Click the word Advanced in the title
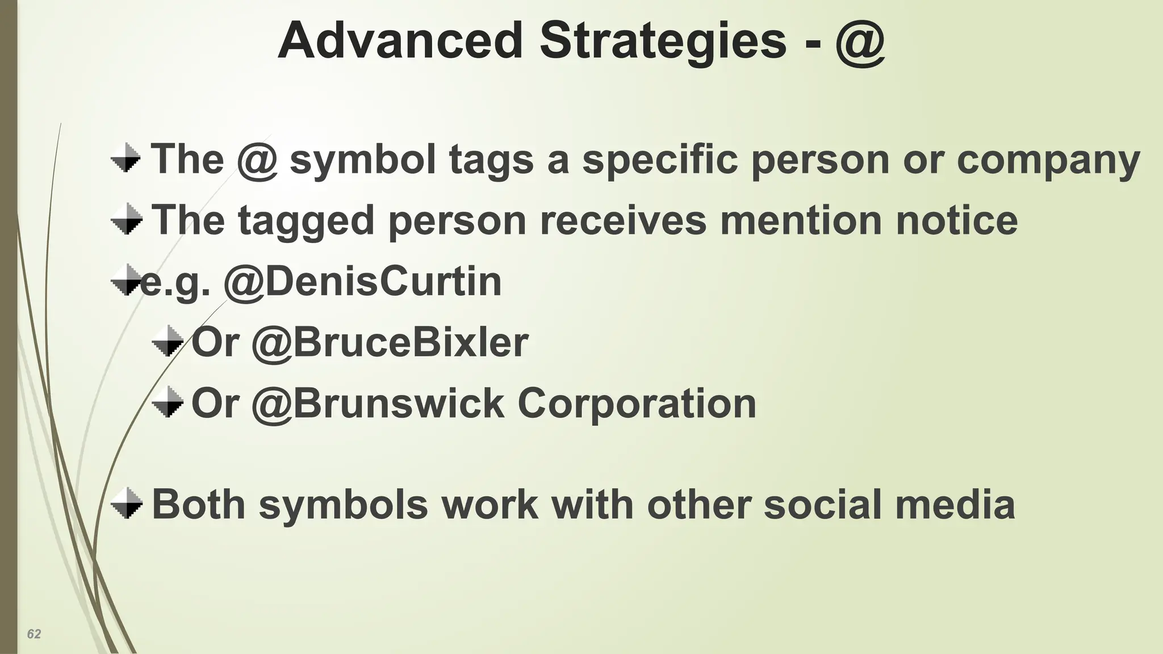click(400, 41)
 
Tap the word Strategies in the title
click(663, 41)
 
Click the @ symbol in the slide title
click(860, 42)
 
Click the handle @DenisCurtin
click(363, 282)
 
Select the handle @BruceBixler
click(390, 343)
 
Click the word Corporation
click(637, 404)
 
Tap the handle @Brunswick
click(378, 404)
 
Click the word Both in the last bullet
click(198, 504)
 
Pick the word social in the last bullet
click(822, 504)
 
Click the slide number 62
click(34, 634)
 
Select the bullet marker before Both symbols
click(126, 503)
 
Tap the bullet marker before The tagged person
click(126, 219)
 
